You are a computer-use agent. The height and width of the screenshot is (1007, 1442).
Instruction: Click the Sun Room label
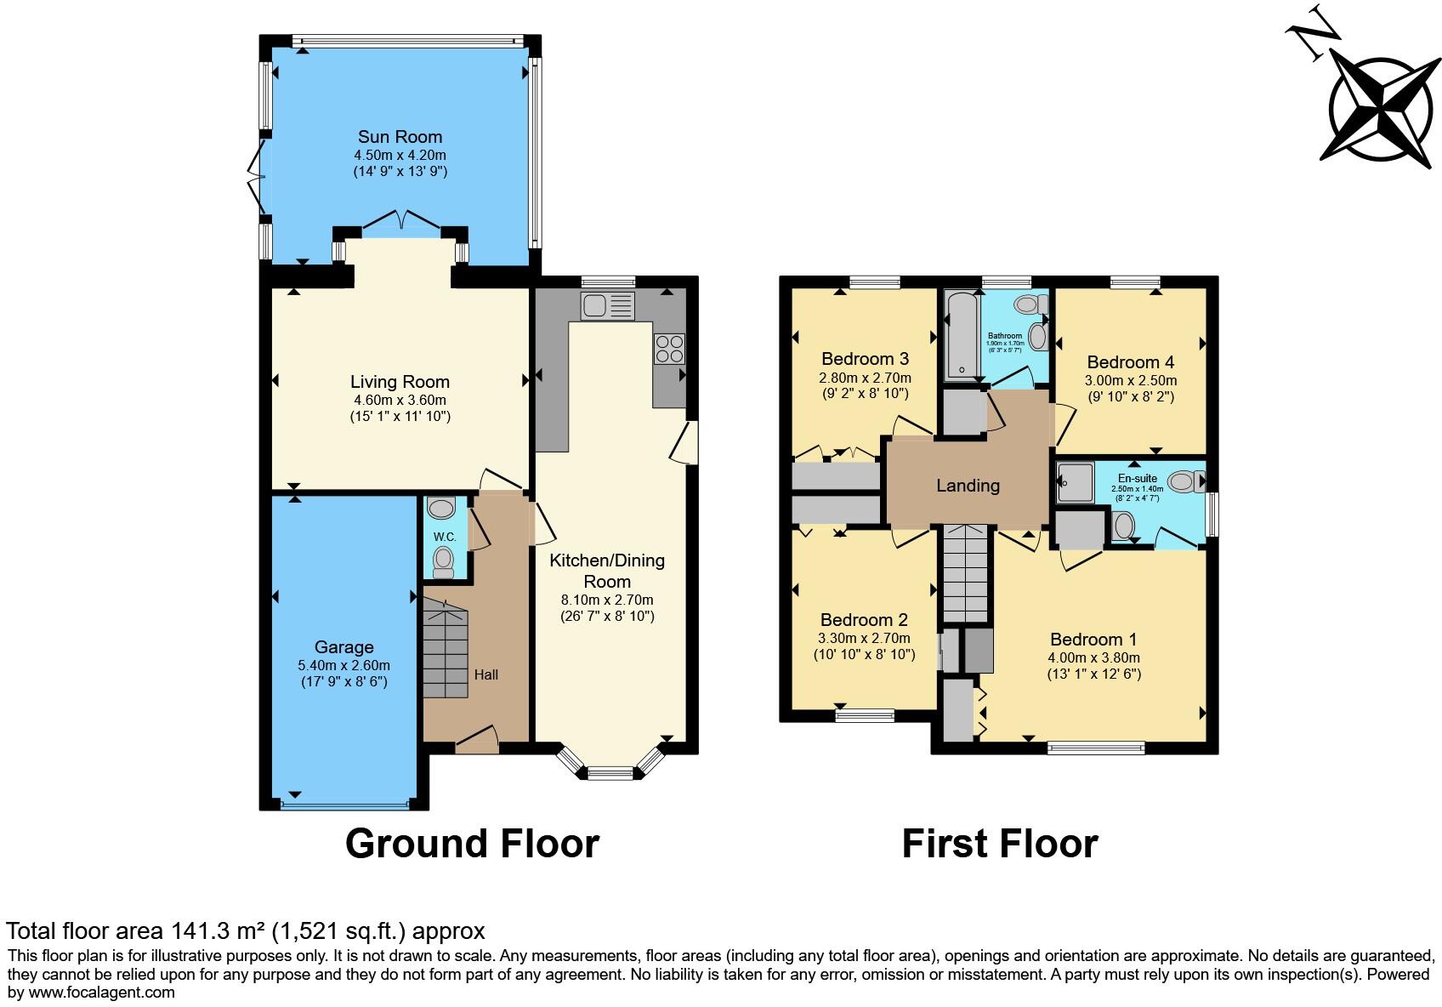400,137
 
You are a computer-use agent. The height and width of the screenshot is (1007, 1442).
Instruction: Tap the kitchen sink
607,305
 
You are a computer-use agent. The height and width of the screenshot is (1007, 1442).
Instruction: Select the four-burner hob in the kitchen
668,349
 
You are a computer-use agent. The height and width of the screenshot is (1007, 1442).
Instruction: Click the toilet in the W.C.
443,560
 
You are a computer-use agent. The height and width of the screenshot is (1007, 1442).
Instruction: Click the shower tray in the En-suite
1076,483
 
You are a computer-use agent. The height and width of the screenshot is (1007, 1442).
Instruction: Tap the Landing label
968,486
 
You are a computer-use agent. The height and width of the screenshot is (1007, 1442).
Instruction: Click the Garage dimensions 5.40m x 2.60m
344,665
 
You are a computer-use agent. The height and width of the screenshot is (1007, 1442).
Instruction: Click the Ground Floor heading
472,844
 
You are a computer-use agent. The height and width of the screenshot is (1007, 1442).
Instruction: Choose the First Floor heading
999,844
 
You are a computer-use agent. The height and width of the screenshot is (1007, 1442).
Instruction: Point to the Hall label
486,674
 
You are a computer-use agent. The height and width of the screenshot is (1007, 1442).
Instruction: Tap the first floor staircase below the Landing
967,574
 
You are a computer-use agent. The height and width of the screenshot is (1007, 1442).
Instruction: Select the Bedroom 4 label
1130,362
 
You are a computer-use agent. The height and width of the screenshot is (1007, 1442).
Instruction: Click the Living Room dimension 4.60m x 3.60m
400,400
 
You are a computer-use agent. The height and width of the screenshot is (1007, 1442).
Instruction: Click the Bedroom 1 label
1093,640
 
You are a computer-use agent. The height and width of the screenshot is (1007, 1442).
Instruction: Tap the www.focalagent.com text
102,992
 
